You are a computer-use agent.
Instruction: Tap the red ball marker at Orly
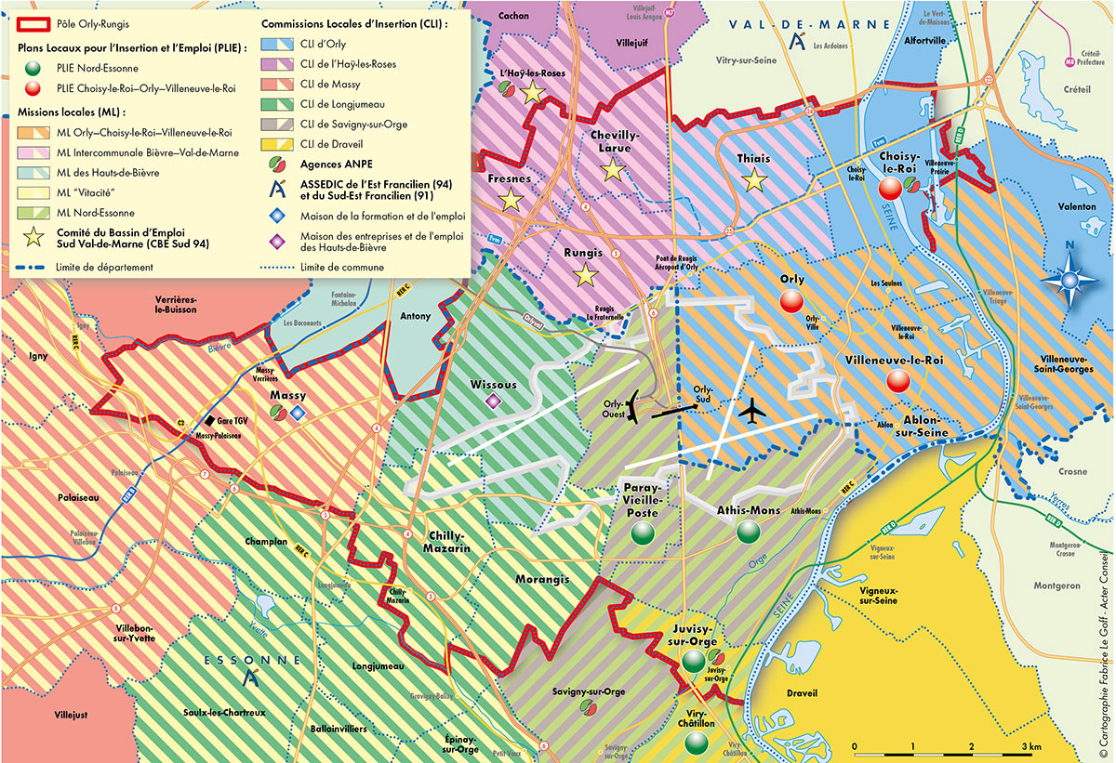tap(791, 301)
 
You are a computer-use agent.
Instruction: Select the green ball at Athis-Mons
tap(749, 532)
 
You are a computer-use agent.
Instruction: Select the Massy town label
tap(287, 397)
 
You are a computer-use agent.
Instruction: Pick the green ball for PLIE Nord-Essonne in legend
tap(33, 68)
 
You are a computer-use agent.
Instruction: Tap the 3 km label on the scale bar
tap(1029, 747)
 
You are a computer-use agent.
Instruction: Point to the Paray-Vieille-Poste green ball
tap(642, 533)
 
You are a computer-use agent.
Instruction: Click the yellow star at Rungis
tap(585, 275)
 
